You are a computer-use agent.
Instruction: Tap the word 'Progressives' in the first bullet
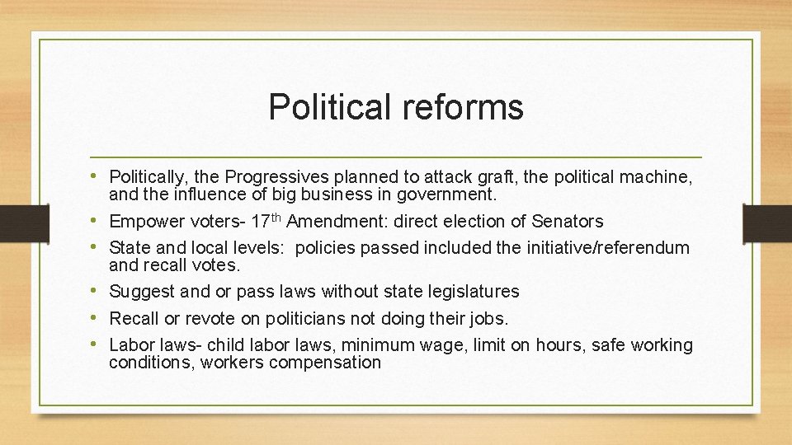click(276, 176)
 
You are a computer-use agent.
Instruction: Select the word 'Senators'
click(567, 222)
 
